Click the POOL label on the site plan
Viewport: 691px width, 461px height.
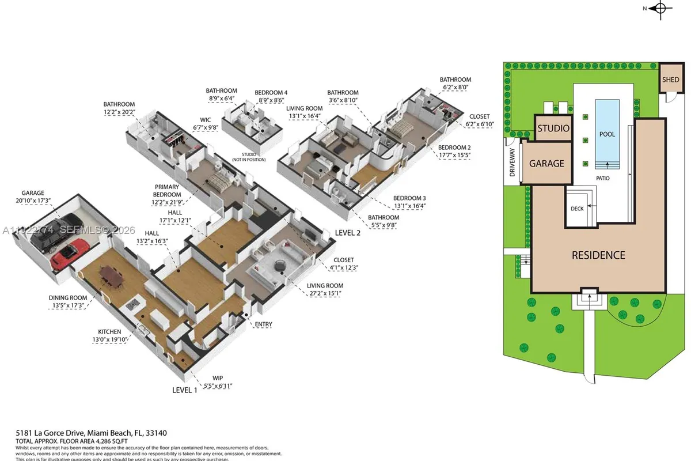click(x=607, y=134)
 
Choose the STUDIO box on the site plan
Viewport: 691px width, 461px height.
click(x=553, y=129)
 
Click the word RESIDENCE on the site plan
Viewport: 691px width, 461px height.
click(x=598, y=255)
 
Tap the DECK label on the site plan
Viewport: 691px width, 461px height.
click(x=576, y=209)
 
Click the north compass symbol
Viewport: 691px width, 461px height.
click(x=660, y=8)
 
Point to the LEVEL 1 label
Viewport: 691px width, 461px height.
click(x=184, y=390)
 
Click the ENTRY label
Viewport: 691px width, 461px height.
click(x=263, y=324)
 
